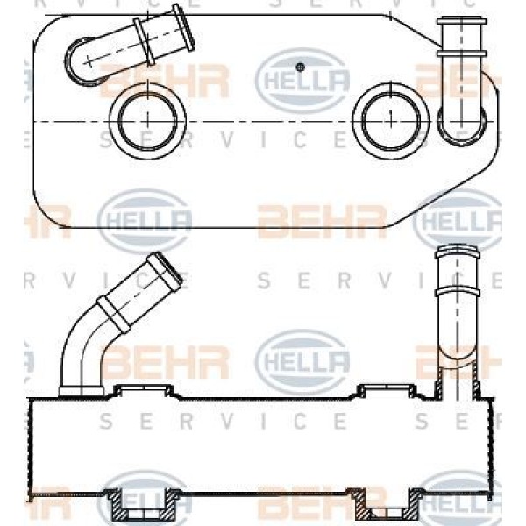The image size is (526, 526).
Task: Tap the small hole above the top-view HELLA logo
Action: [x=300, y=66]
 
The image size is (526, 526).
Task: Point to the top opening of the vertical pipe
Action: [x=456, y=252]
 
